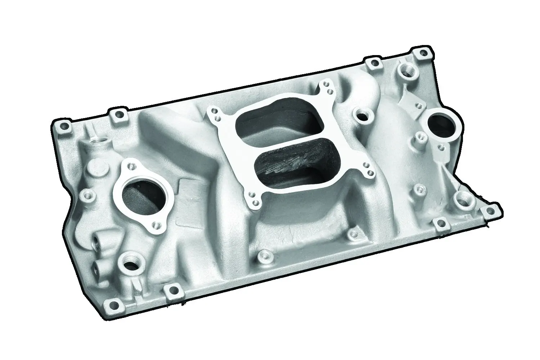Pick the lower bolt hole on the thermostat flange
(156, 225)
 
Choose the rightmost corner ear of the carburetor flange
(368, 170)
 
